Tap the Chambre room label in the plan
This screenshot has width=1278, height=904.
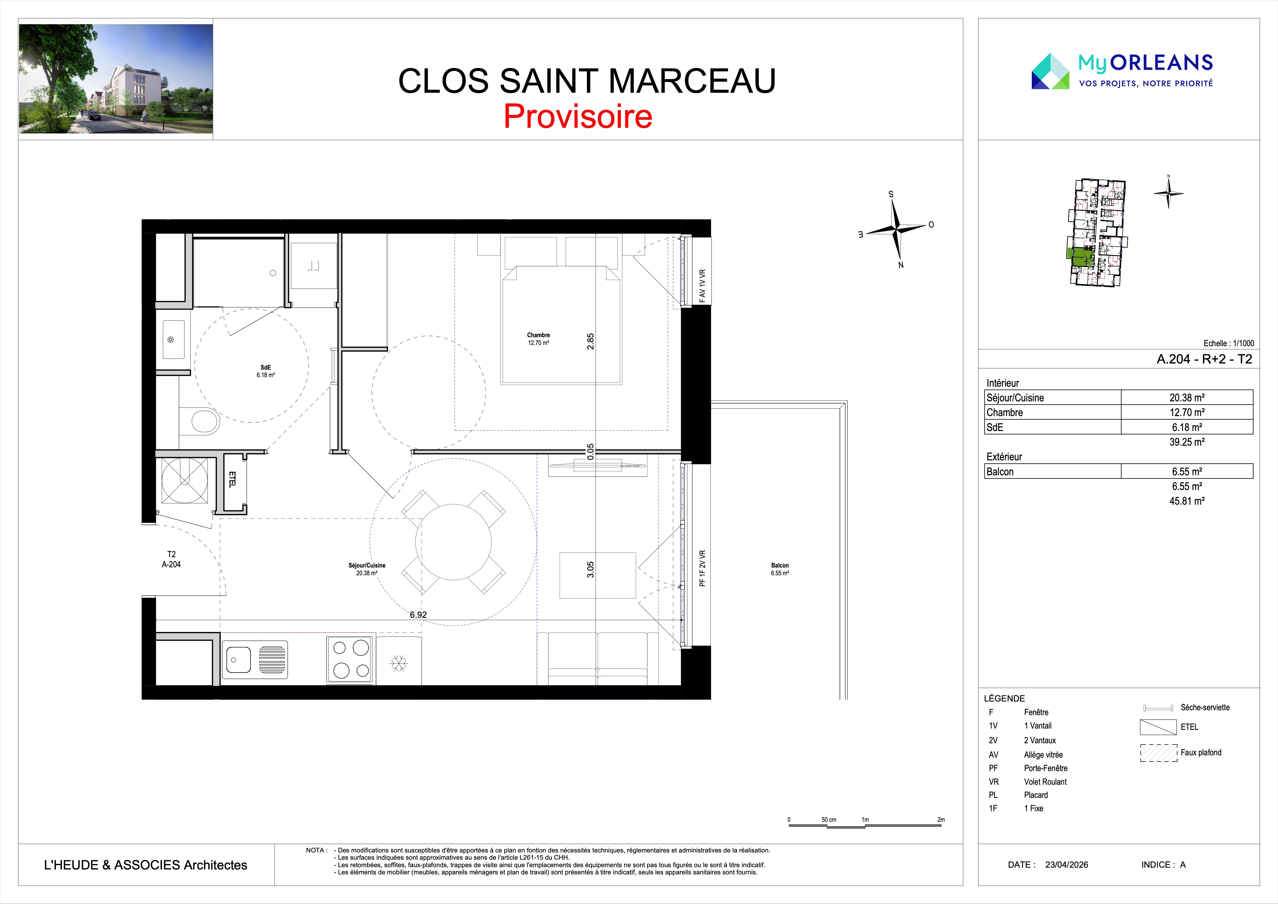pyautogui.click(x=538, y=335)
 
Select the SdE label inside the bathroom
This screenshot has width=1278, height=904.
pyautogui.click(x=266, y=367)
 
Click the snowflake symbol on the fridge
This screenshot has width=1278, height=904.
pyautogui.click(x=398, y=663)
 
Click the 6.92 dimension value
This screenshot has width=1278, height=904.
pyautogui.click(x=418, y=614)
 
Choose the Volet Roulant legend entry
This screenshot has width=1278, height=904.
pyautogui.click(x=1045, y=782)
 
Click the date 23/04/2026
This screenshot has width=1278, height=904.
pyautogui.click(x=1067, y=865)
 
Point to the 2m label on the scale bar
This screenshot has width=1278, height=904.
pyautogui.click(x=941, y=819)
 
